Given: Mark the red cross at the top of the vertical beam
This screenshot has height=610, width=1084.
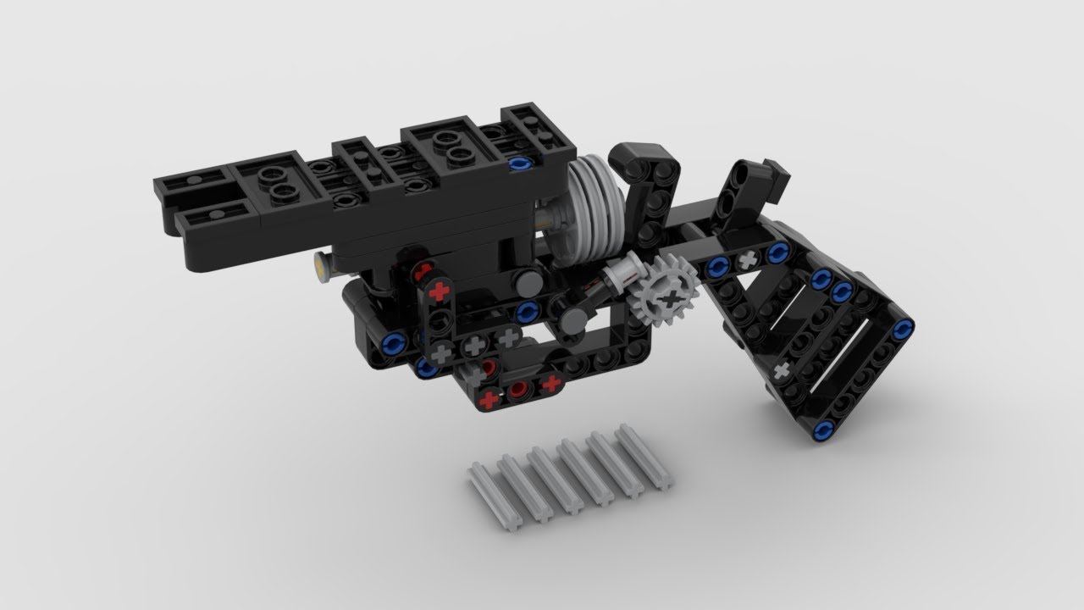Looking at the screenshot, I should point(439,292).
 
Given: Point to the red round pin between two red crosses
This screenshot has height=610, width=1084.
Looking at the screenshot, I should point(518,390).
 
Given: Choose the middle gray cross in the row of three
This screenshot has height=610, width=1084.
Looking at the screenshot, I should point(474,345).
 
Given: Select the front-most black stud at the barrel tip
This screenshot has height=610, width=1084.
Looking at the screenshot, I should point(195,181).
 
